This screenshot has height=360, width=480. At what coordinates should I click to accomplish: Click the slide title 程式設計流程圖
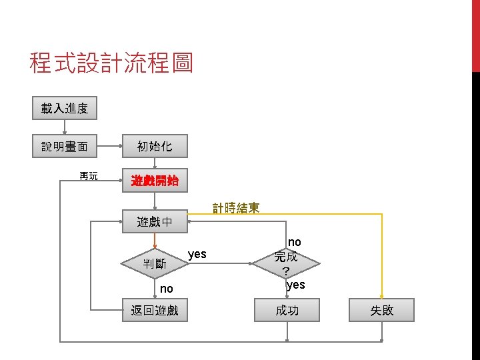click(111, 63)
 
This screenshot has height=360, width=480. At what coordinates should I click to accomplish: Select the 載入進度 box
click(65, 108)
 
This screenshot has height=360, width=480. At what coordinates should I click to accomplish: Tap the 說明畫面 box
click(65, 145)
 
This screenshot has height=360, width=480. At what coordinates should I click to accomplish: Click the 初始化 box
click(155, 145)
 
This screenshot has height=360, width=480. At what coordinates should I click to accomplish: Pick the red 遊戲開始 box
click(155, 181)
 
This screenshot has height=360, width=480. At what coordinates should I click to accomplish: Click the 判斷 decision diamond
click(155, 263)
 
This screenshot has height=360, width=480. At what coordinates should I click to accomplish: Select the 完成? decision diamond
click(286, 263)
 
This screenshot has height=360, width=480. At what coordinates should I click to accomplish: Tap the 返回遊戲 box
click(155, 310)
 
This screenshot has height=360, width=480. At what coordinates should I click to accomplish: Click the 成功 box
click(287, 310)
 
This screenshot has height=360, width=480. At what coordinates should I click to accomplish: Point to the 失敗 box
click(383, 310)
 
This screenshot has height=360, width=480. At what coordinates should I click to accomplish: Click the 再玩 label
click(88, 176)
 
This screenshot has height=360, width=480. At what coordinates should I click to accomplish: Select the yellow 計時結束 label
click(236, 208)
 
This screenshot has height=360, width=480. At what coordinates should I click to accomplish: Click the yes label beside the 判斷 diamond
click(197, 254)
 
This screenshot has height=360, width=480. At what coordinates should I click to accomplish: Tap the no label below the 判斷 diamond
click(167, 289)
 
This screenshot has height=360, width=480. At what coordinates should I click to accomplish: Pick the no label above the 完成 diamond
click(294, 242)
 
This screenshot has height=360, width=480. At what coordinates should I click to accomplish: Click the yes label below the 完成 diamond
click(295, 285)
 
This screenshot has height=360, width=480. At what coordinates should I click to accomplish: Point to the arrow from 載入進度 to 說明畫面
click(65, 127)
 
